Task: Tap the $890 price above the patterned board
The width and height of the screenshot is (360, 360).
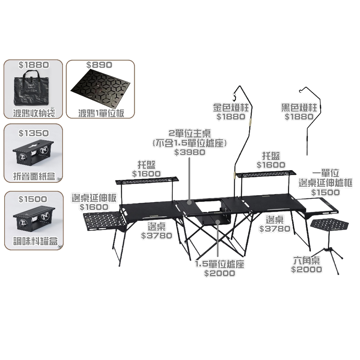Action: coord(99,65)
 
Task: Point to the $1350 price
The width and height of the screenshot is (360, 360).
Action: coord(33,133)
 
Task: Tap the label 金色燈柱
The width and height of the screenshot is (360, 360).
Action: coord(231,108)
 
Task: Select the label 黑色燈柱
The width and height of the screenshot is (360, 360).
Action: coord(299,108)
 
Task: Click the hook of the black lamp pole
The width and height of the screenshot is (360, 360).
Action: coord(301,91)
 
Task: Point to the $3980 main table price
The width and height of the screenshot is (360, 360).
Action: coord(189,152)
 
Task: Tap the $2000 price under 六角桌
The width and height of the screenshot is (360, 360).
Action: coord(307,269)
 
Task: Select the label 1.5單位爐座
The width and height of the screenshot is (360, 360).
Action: coord(219,264)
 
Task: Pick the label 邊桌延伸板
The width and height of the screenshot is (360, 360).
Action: coord(94,198)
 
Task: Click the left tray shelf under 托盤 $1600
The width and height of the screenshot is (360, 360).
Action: coord(147,180)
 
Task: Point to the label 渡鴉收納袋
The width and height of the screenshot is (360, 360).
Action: coord(34,113)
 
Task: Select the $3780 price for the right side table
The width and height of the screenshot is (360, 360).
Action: coord(275,229)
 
